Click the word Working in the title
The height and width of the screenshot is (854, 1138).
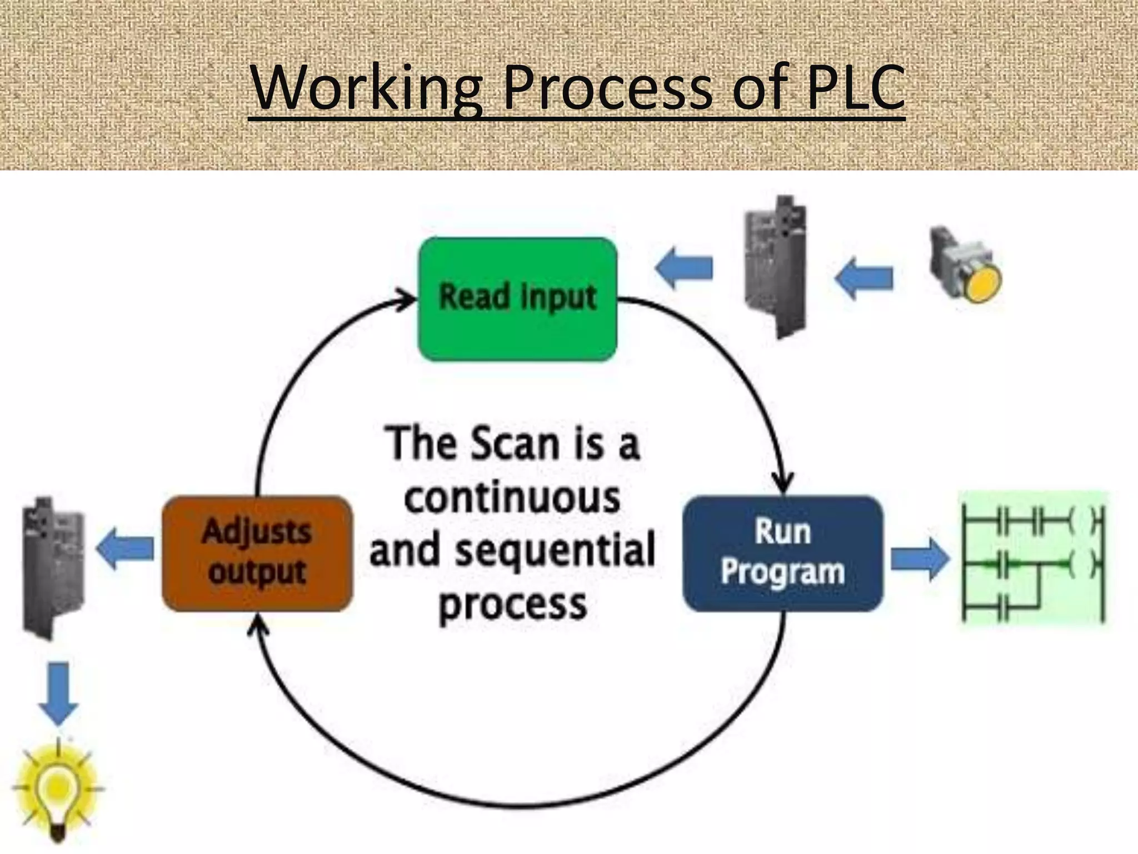[367, 88]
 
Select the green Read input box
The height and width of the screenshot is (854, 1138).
[517, 299]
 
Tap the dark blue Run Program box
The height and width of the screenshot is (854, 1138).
[782, 553]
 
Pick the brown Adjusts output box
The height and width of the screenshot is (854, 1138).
[257, 553]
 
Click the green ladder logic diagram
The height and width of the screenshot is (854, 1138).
[1034, 559]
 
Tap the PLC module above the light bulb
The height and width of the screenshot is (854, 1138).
[53, 567]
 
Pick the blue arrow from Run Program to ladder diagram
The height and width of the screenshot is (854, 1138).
[920, 559]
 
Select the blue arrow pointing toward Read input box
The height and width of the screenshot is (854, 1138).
[684, 268]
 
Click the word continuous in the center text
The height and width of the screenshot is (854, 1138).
[512, 498]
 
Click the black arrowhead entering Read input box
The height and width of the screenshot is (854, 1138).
[407, 300]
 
